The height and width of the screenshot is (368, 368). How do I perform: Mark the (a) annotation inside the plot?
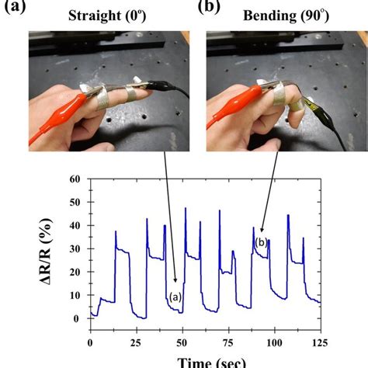click(177, 295)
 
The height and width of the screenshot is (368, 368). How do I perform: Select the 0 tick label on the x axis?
click(91, 342)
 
